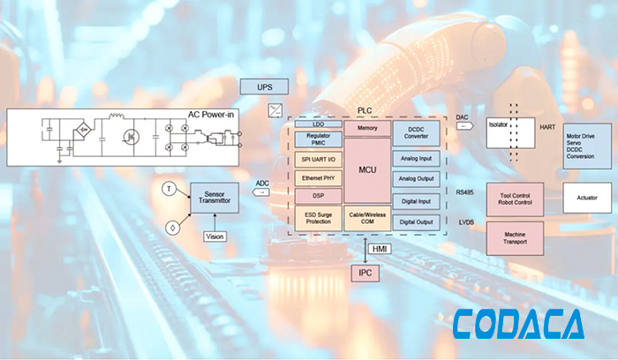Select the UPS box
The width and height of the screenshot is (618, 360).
tap(264, 88)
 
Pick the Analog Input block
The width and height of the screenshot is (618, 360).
tap(416, 158)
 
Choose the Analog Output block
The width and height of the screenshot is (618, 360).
tap(416, 179)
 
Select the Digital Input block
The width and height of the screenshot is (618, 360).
tap(416, 201)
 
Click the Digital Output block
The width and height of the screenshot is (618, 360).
tap(416, 222)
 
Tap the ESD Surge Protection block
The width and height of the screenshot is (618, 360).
tap(318, 218)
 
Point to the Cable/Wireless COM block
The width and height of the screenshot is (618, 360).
tap(367, 218)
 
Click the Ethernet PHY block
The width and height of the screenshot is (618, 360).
tap(318, 178)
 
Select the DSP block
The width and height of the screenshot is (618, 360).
tap(318, 196)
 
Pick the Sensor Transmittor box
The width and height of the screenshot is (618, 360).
tap(215, 198)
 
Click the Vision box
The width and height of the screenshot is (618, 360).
tap(215, 236)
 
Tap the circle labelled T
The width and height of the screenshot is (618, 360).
tap(168, 189)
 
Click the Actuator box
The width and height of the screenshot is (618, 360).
tap(586, 198)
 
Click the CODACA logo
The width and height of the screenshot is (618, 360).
tap(518, 326)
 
